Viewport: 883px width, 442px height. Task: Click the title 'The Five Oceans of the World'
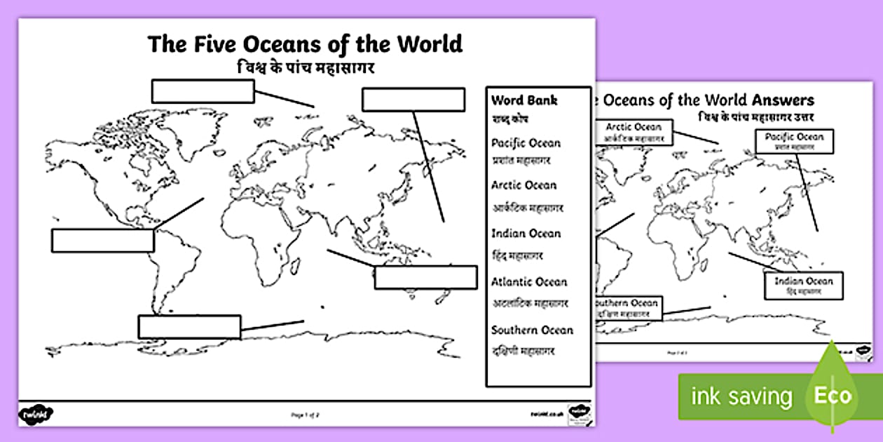point(305,43)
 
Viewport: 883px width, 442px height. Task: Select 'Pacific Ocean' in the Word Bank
point(526,143)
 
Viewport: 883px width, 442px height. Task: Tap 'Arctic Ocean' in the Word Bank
point(523,185)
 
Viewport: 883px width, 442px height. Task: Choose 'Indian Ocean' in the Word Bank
point(526,234)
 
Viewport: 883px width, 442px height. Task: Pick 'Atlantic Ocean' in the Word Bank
point(528,282)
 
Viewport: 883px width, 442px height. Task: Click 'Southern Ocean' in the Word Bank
point(532,330)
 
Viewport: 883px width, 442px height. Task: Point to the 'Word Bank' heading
point(524,100)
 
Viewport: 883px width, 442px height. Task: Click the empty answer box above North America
point(203,91)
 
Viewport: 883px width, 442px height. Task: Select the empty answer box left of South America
point(102,241)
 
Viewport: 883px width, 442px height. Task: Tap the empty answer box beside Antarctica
point(189,327)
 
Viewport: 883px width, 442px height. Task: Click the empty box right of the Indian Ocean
point(425,277)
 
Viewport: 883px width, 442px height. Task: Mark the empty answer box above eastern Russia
point(413,100)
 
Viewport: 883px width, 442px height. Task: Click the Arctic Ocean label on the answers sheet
point(633,132)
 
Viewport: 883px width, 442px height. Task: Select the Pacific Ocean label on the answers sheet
point(794,141)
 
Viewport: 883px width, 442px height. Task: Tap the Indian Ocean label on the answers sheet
point(803,285)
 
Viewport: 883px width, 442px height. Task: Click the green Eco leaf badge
point(832,394)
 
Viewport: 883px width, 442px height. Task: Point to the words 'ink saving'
point(741,396)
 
